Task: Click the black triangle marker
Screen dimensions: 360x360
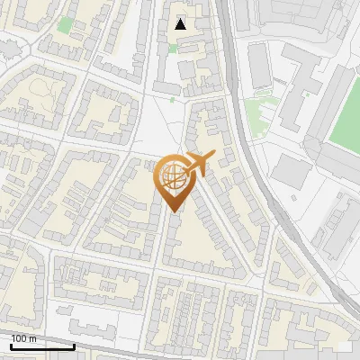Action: [x=181, y=24]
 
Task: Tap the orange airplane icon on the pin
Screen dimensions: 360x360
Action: [x=199, y=163]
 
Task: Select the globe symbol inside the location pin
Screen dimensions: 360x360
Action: [x=174, y=176]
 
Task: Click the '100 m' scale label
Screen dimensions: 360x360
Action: [x=23, y=339]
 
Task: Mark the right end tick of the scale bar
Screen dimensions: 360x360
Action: [x=74, y=346]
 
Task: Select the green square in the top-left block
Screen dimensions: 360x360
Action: [x=65, y=24]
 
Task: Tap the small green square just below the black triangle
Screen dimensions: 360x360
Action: [x=172, y=48]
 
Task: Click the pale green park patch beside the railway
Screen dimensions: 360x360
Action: [x=260, y=112]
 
